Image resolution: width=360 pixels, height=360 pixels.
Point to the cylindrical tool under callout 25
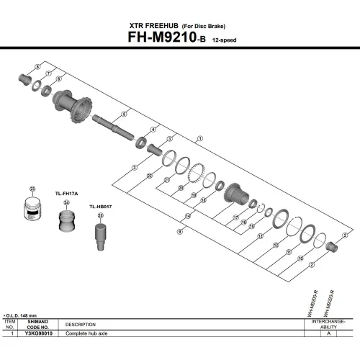coord(100,237)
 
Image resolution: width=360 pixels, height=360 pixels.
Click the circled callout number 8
coord(38,66)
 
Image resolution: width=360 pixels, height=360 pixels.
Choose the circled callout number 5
coord(125,113)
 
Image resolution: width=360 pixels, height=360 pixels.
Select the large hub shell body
coord(74,107)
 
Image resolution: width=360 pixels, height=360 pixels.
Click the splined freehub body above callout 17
coord(235,194)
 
